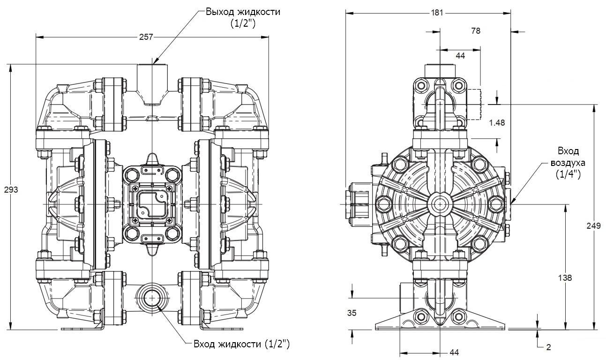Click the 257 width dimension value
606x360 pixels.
click(147, 37)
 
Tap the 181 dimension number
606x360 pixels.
click(436, 13)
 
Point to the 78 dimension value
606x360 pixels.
click(475, 31)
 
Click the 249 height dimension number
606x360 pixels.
click(594, 226)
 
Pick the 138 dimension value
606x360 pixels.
click(566, 277)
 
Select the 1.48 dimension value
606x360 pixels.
click(496, 122)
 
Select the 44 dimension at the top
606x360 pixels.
click(460, 55)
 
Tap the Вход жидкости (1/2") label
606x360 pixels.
click(242, 345)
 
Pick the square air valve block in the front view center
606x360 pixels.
click(152, 204)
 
